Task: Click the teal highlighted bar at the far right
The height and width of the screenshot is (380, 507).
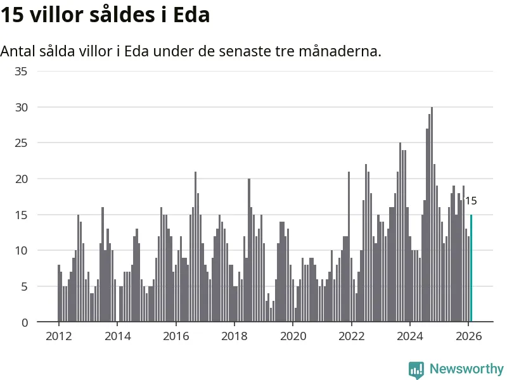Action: click(471, 269)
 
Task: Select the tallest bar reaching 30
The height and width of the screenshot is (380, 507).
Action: click(432, 215)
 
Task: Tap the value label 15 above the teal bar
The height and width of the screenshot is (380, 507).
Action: click(471, 201)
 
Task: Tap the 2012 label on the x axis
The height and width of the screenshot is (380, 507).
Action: click(58, 337)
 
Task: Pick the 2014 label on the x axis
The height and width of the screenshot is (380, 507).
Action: click(117, 337)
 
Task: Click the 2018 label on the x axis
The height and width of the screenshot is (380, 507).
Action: click(234, 337)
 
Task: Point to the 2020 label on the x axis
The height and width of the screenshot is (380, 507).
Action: click(293, 337)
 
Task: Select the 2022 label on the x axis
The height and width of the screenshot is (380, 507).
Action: click(351, 337)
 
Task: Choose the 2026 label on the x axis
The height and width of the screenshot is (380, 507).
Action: click(468, 337)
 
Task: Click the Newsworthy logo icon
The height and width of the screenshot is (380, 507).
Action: click(416, 369)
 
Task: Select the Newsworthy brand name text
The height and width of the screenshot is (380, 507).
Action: click(466, 369)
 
